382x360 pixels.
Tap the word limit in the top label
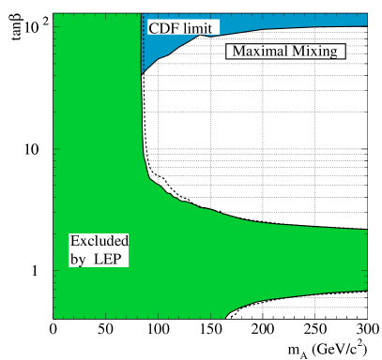(201, 28)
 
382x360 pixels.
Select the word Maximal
(257, 52)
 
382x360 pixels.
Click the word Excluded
(99, 241)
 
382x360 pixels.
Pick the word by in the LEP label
(78, 259)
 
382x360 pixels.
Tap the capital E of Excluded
(74, 241)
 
